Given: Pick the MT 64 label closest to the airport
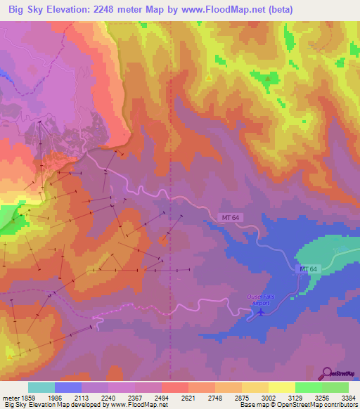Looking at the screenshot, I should pos(308,269).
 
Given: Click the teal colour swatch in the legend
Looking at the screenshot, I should pos(41,387).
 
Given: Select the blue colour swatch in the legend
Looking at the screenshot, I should pos(68,387).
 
